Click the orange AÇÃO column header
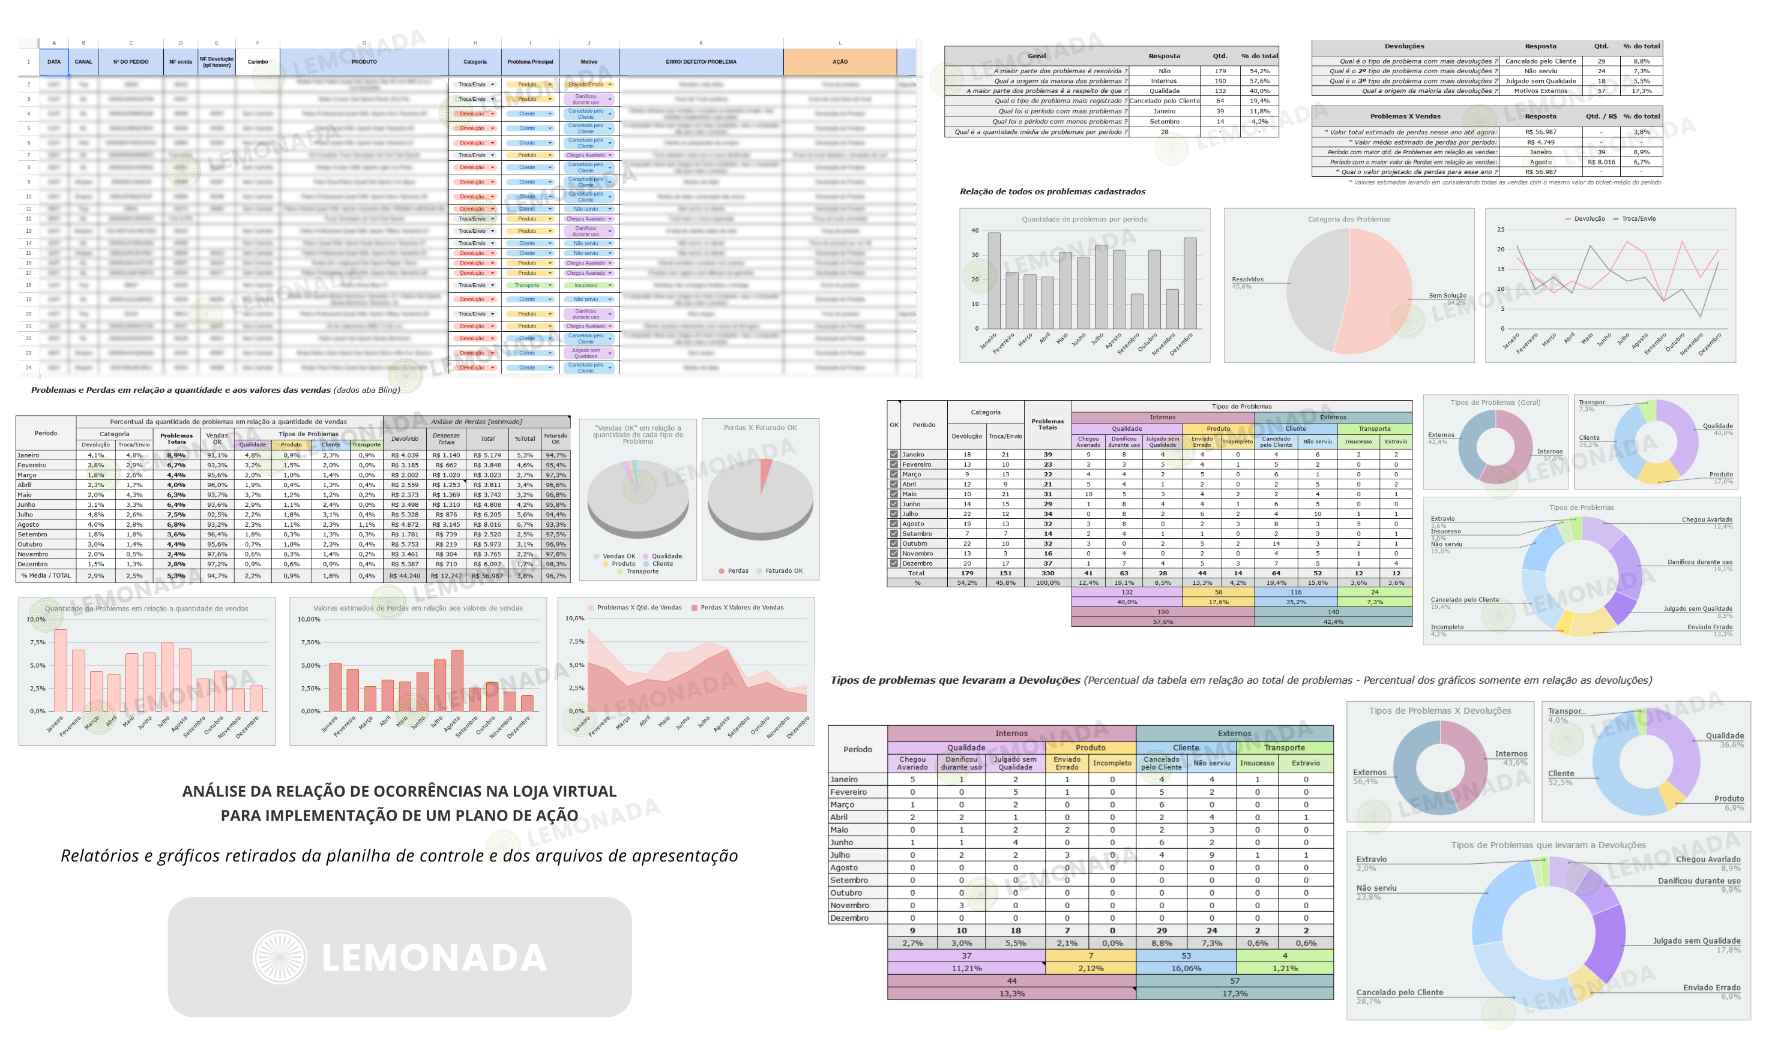839,62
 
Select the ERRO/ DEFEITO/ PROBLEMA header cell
701,62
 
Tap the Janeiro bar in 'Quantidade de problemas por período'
994,280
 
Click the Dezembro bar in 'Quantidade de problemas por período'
1190,284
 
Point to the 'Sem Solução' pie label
1447,296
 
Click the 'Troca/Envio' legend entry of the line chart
1638,219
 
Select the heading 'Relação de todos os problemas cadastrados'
1052,191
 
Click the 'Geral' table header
1037,56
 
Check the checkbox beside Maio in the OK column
893,494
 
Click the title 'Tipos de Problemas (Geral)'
1495,403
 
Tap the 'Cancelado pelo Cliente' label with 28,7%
1399,992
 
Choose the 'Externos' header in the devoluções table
1234,733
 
